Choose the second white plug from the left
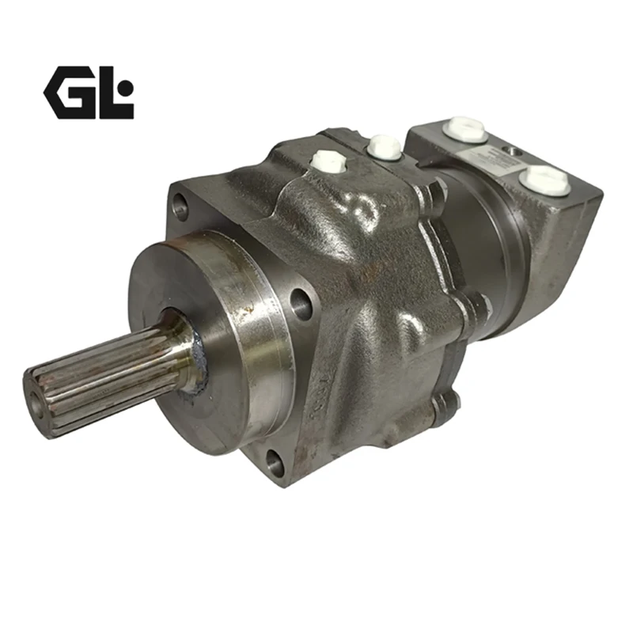(384, 146)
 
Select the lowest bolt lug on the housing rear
(445, 403)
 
